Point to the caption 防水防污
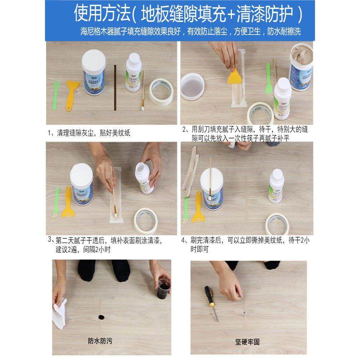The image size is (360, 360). tap(100, 340)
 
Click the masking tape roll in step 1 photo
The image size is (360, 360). tap(161, 92)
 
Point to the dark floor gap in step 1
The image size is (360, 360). tap(115, 86)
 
